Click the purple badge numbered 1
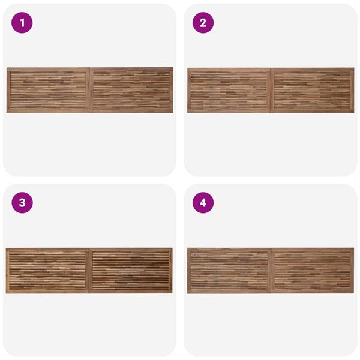click(x=22, y=23)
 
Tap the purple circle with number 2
click(x=203, y=23)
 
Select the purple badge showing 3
click(x=22, y=203)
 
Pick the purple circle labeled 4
click(x=203, y=203)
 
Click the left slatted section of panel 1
click(x=48, y=90)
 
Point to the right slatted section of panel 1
click(x=131, y=90)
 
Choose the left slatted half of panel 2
click(x=230, y=91)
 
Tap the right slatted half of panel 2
click(x=312, y=91)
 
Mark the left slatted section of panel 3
click(x=47, y=271)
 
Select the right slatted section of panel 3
click(x=131, y=271)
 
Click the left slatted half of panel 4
click(x=229, y=271)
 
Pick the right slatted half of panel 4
click(x=312, y=271)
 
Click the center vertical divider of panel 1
click(x=89, y=90)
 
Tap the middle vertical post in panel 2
click(x=271, y=91)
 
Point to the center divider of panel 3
click(x=89, y=271)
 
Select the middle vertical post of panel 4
click(x=271, y=271)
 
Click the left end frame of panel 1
click(x=8, y=90)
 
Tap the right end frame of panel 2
click(x=352, y=91)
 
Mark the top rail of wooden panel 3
click(x=89, y=250)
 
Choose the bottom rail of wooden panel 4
click(x=271, y=292)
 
